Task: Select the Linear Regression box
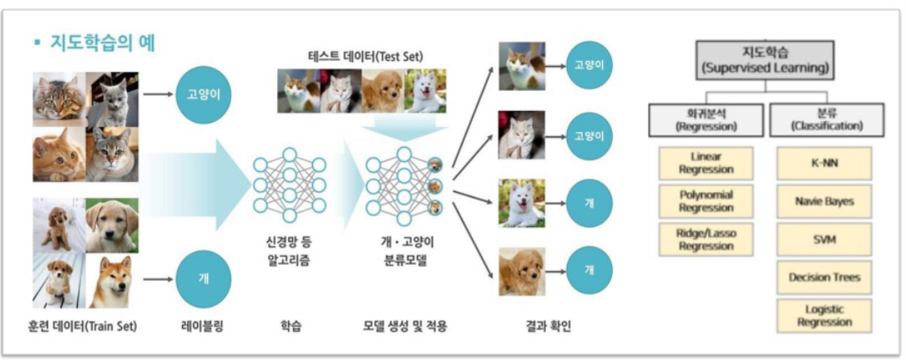pos(706,163)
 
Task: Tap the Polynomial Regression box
pos(706,201)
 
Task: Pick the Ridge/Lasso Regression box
pos(706,239)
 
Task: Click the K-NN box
pos(823,163)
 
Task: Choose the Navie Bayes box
pos(823,201)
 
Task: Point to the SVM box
pos(823,239)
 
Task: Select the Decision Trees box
pos(823,276)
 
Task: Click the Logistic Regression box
pos(823,315)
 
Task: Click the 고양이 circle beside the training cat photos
pos(203,94)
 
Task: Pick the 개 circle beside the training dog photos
pos(203,278)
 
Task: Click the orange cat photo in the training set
pos(58,155)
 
